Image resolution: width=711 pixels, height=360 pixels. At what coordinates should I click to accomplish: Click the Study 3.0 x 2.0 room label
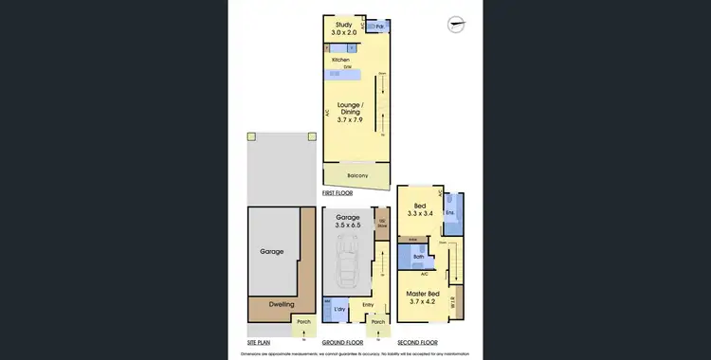click(x=338, y=29)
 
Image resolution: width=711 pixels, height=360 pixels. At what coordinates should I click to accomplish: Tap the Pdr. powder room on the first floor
click(x=379, y=27)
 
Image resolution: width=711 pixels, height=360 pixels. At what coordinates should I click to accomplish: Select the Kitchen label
click(x=340, y=60)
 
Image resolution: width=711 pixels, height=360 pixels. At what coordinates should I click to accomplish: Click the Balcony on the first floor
click(x=356, y=176)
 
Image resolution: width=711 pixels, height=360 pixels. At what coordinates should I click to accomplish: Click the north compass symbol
click(x=456, y=25)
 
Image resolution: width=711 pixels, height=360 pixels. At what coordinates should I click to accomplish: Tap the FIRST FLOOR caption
click(x=337, y=192)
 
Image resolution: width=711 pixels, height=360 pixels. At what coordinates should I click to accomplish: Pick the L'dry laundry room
click(x=338, y=310)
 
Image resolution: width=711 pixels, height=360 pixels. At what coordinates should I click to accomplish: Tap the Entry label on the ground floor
click(x=368, y=305)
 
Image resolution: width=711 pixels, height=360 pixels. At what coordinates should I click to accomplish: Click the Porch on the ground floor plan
click(x=377, y=323)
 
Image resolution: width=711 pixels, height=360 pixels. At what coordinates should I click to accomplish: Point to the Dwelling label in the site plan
click(x=282, y=304)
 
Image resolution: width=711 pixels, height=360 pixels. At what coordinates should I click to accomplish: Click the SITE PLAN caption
click(x=259, y=341)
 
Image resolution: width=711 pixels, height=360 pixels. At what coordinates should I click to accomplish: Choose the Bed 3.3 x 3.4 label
click(x=419, y=209)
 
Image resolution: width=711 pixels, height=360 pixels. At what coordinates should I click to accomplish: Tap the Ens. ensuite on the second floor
click(x=450, y=213)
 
